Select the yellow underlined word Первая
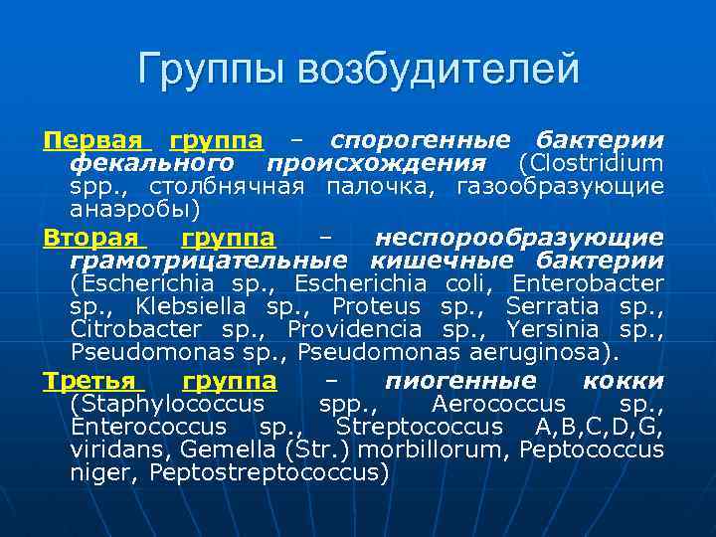92,139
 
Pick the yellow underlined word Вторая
91,238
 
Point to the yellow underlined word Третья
92,381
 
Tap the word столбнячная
229,186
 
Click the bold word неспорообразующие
518,238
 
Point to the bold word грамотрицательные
209,261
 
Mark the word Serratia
552,305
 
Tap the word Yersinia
552,329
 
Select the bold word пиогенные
459,381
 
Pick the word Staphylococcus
167,404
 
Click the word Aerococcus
498,404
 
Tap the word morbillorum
416,449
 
